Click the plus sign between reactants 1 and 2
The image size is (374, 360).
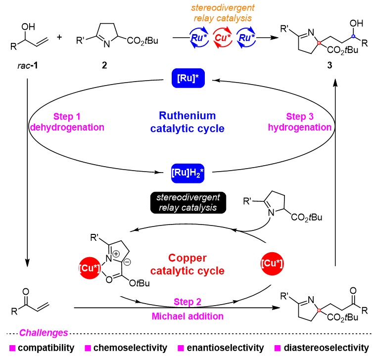pos(60,37)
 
